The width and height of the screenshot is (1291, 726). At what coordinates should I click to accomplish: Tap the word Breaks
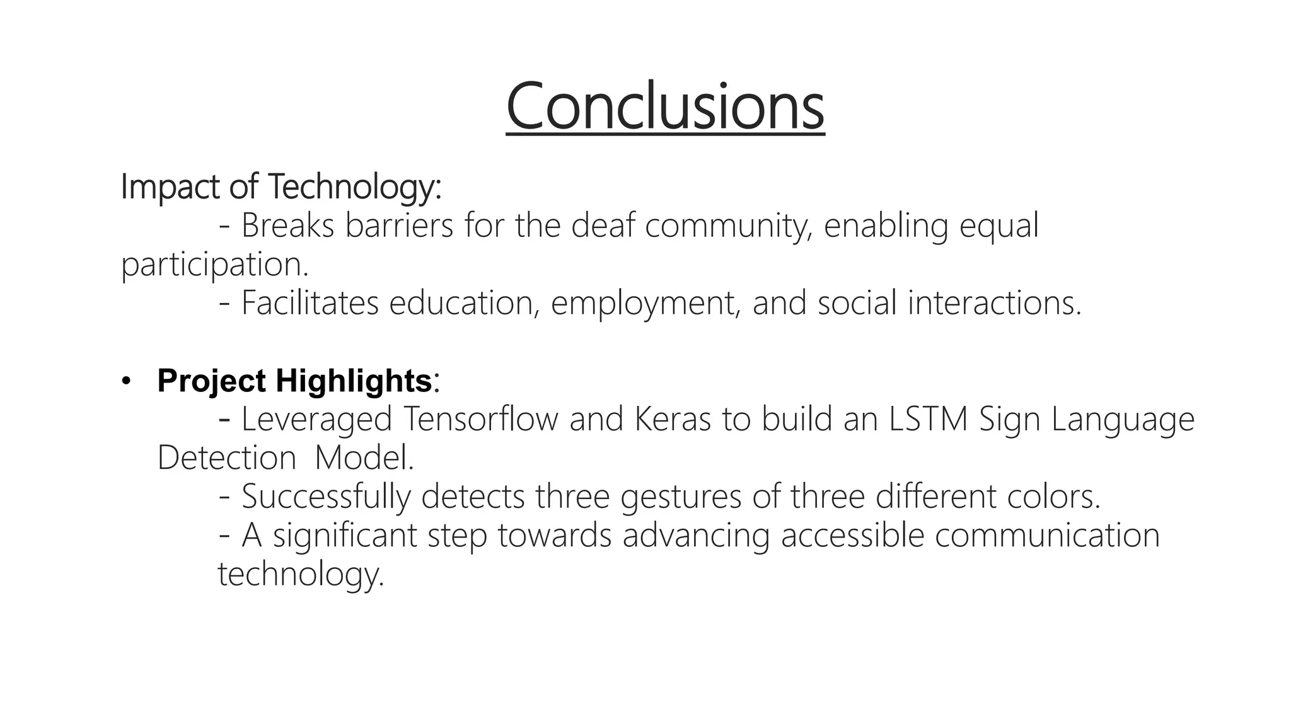287,226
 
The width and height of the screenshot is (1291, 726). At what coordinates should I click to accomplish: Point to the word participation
214,265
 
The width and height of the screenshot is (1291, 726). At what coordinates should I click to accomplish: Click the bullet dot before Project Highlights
126,381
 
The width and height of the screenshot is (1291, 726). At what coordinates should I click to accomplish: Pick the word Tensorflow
481,419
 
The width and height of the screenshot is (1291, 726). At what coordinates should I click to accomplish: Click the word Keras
673,419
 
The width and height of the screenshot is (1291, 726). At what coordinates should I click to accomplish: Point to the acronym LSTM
928,419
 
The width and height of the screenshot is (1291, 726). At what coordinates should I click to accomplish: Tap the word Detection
226,458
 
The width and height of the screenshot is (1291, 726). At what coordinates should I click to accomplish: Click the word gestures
681,498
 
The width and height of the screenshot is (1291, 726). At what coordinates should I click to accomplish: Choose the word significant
345,536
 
